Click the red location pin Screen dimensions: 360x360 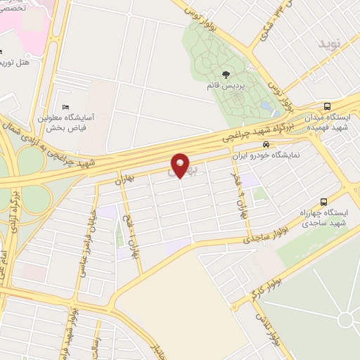coord(181,165)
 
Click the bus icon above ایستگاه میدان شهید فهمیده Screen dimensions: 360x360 coord(330,107)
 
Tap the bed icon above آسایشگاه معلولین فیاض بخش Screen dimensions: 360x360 coord(65,108)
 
